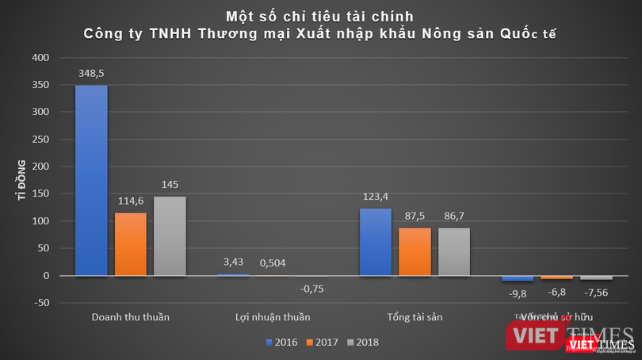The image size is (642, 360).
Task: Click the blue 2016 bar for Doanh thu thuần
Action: click(x=91, y=180)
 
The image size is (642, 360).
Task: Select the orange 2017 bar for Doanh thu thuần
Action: click(x=130, y=244)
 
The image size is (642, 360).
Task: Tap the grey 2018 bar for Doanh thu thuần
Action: click(x=170, y=236)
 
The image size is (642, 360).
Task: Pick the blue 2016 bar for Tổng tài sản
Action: click(x=376, y=242)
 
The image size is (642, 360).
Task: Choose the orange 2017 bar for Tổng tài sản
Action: click(x=415, y=252)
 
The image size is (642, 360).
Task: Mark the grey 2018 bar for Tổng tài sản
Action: click(x=454, y=252)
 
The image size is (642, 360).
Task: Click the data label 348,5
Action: click(x=91, y=73)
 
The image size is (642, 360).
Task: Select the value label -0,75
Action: click(x=311, y=289)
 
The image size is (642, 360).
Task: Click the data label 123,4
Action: click(x=376, y=196)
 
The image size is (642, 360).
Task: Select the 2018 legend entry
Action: click(x=361, y=343)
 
